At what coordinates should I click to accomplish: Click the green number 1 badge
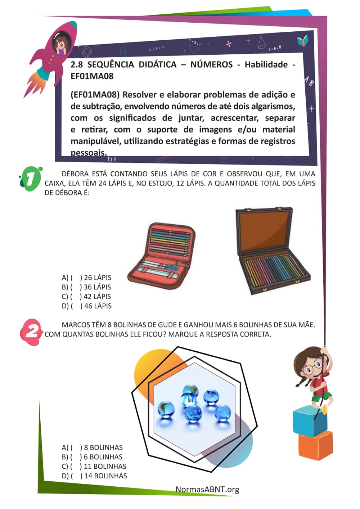click(31, 179)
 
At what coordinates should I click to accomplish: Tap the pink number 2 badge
click(31, 332)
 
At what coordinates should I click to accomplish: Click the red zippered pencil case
click(162, 256)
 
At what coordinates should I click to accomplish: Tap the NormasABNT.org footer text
click(207, 489)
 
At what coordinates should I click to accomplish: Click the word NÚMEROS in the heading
click(211, 64)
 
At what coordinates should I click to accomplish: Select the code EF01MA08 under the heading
click(92, 76)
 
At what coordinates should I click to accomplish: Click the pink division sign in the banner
click(229, 44)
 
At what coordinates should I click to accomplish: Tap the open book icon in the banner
click(303, 41)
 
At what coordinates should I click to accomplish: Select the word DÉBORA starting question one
click(75, 174)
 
